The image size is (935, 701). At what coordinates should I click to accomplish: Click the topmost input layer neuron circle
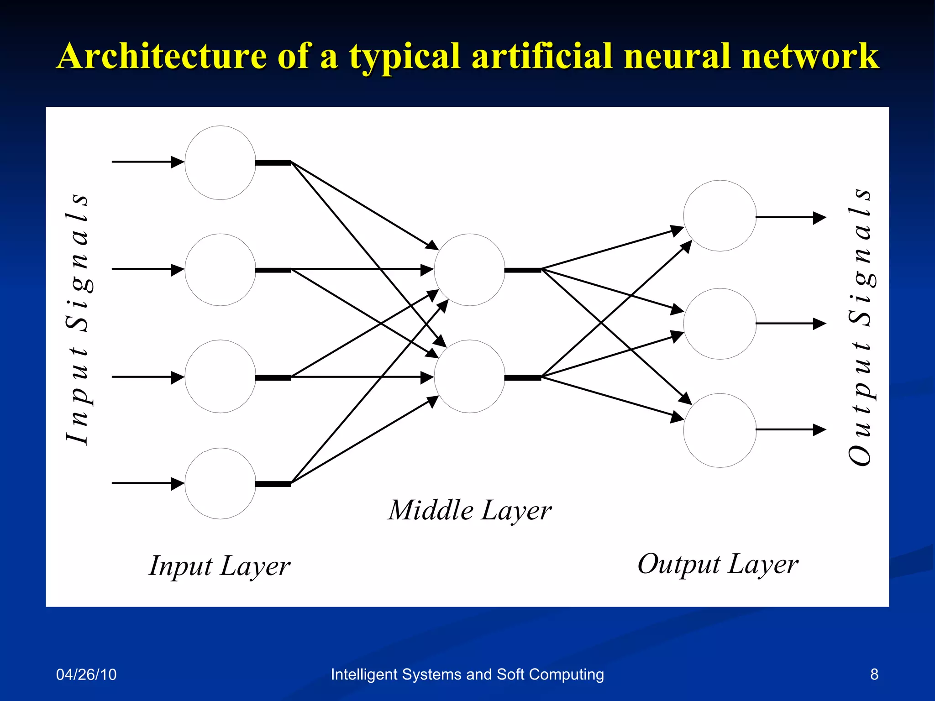(x=220, y=162)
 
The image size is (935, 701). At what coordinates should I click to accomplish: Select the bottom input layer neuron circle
(x=220, y=483)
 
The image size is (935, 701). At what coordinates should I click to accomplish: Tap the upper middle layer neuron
(x=469, y=270)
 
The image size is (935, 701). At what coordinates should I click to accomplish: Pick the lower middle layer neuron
(x=469, y=377)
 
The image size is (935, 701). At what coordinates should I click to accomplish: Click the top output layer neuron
(x=720, y=216)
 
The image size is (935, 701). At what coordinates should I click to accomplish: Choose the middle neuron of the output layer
(x=720, y=324)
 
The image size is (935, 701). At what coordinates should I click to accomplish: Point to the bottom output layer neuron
(x=720, y=430)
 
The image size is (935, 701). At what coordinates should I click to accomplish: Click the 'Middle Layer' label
(x=469, y=510)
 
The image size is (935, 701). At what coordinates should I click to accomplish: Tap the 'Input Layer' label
(x=220, y=566)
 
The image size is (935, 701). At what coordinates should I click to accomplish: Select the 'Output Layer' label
(x=718, y=565)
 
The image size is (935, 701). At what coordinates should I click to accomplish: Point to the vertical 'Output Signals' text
(x=860, y=327)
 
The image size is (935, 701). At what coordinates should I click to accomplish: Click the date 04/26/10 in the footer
(x=86, y=674)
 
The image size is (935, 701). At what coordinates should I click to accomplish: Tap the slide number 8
(x=874, y=674)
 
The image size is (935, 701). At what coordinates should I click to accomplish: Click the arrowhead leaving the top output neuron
(x=819, y=218)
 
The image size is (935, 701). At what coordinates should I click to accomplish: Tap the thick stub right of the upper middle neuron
(x=522, y=270)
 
